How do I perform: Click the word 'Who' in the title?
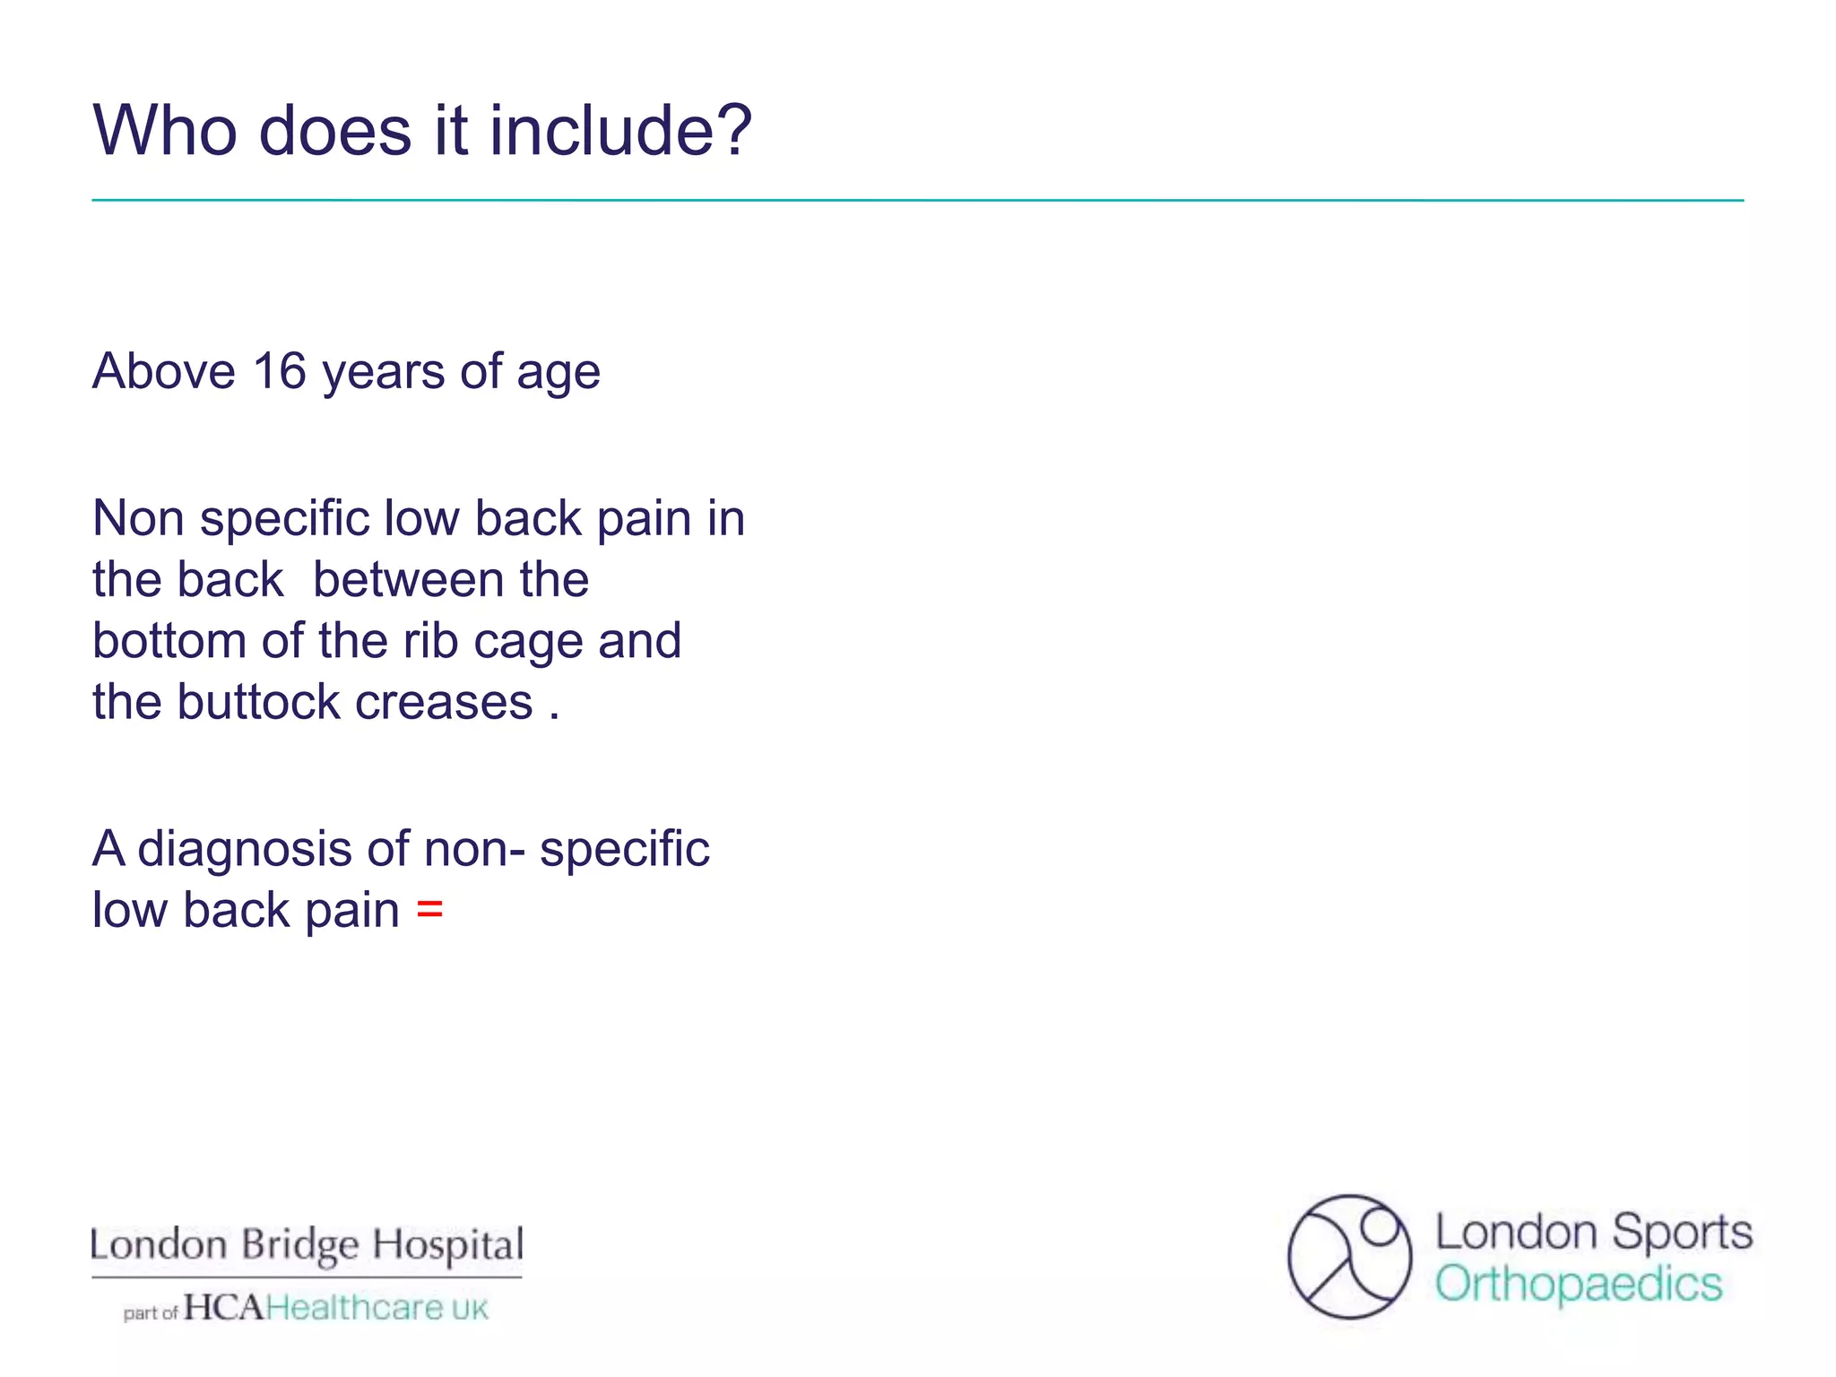pos(166,131)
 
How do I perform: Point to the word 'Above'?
pos(164,371)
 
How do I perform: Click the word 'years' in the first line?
pos(383,373)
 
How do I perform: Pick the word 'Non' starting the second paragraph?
pos(138,519)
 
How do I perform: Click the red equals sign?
pos(429,910)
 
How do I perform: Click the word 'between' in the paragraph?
pos(409,580)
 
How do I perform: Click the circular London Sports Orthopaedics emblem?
pos(1349,1257)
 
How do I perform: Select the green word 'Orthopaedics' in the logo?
pos(1579,1285)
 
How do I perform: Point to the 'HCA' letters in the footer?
pos(224,1308)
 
